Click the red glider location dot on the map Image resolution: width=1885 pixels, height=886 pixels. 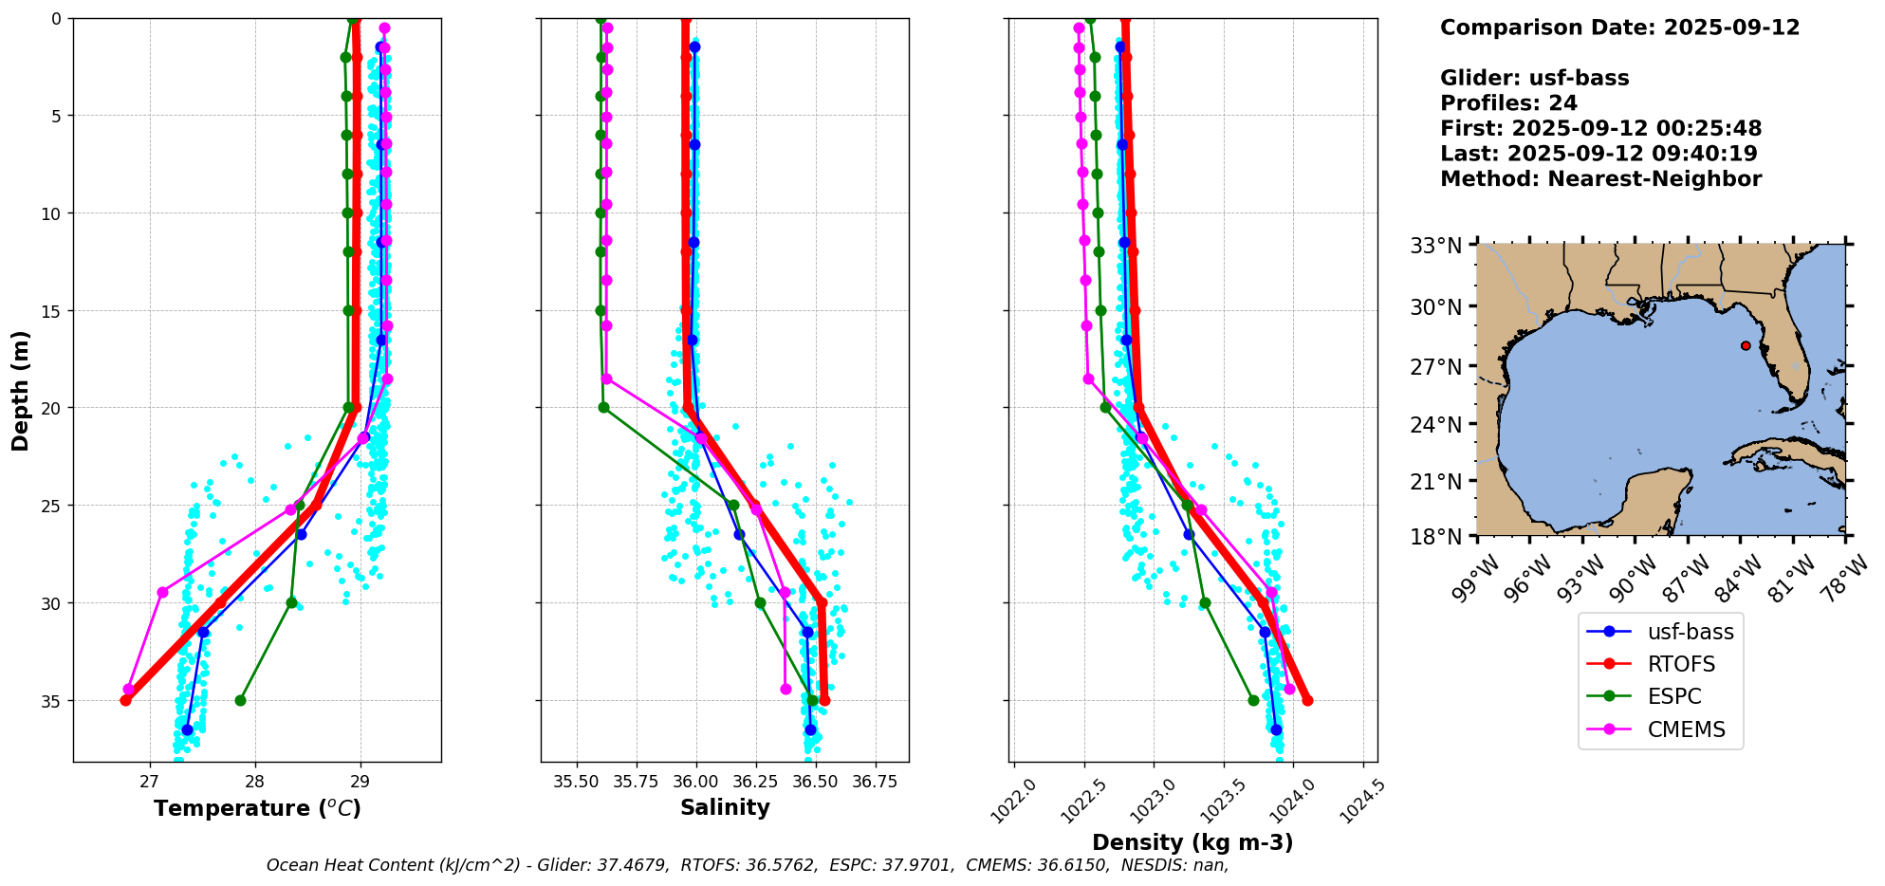(1746, 345)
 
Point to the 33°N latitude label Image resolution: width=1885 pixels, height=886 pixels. (1434, 247)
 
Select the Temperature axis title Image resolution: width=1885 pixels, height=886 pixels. (257, 808)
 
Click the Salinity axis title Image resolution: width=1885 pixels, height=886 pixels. (725, 807)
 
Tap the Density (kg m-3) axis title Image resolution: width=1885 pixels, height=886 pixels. (1192, 842)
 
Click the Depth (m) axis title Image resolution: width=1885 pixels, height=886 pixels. (21, 390)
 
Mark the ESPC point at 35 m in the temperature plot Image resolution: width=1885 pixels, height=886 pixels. (240, 700)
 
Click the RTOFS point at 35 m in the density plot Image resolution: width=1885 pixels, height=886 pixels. (1307, 700)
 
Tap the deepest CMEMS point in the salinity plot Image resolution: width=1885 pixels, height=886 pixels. (785, 689)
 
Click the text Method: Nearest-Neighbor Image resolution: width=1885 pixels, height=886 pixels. (1600, 179)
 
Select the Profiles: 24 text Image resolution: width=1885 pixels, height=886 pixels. (1508, 103)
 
